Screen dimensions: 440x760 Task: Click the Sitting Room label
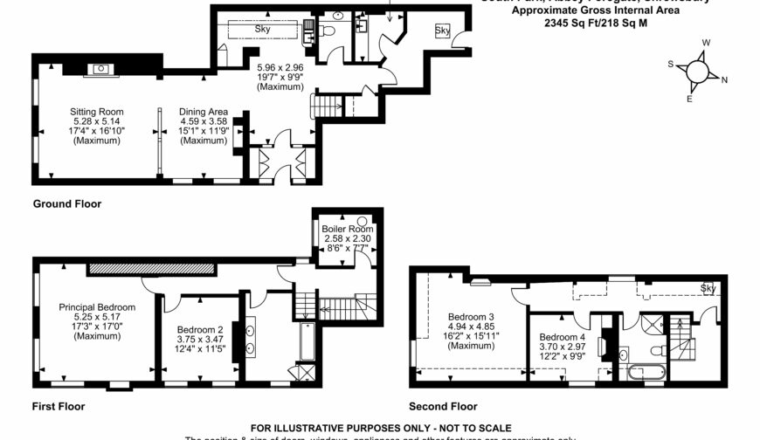click(x=97, y=112)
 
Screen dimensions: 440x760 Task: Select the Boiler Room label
click(x=346, y=229)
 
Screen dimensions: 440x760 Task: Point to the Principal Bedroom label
click(x=97, y=307)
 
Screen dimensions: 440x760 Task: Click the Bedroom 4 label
click(x=563, y=337)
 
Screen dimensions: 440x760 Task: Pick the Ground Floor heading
click(x=67, y=203)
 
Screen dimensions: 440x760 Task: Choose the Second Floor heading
click(x=443, y=406)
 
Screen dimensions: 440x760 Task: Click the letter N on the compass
click(x=724, y=79)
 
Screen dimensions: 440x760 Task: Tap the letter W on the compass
click(x=706, y=42)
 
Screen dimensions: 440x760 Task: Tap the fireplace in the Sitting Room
click(x=101, y=67)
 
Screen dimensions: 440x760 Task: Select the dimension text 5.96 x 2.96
click(x=280, y=66)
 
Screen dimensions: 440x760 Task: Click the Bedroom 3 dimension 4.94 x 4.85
click(x=472, y=327)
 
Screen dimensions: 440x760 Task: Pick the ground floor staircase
click(x=328, y=107)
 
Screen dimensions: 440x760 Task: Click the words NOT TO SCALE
click(x=467, y=428)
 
